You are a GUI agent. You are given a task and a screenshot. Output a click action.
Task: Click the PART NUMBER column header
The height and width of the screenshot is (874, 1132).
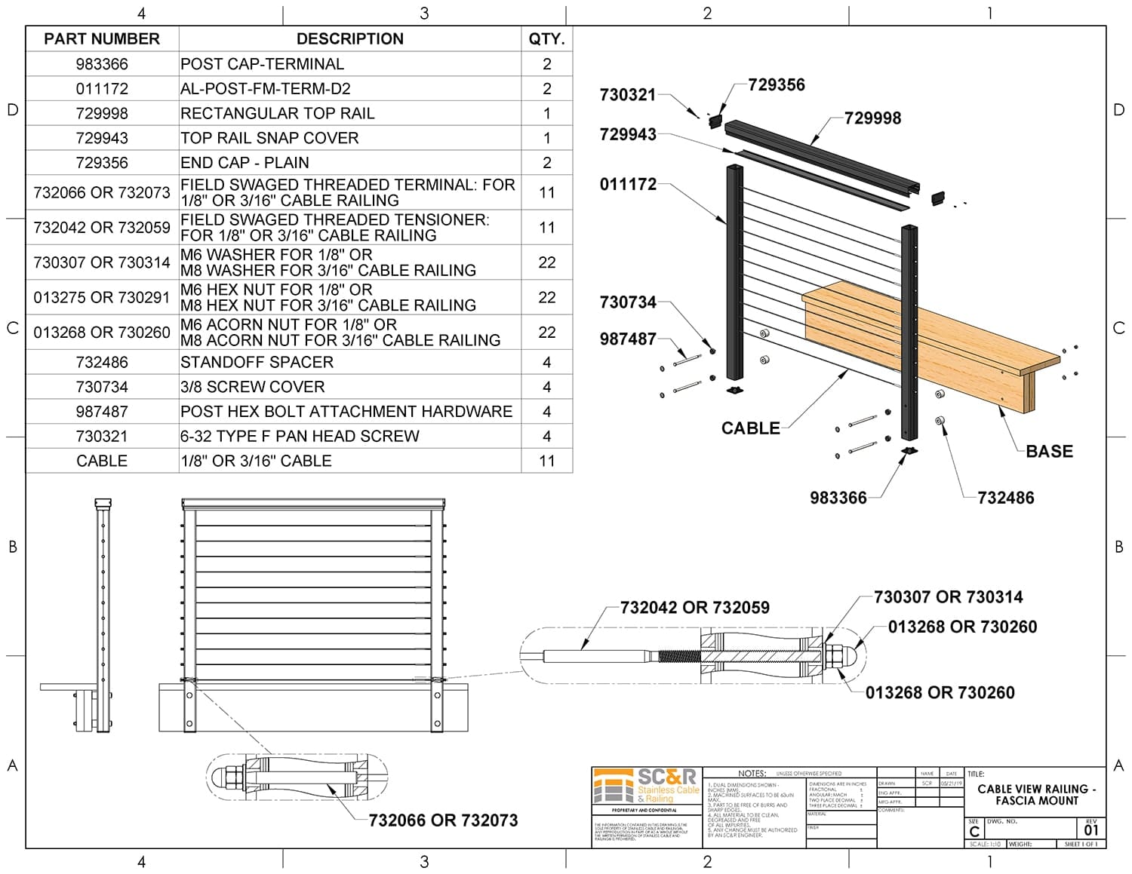(x=102, y=39)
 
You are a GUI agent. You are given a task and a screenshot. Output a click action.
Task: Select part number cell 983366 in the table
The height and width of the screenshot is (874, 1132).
(x=102, y=64)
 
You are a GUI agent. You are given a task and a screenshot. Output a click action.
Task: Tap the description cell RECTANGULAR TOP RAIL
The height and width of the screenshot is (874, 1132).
(x=277, y=113)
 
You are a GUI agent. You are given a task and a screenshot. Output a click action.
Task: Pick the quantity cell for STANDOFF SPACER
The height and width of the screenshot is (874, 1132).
(x=546, y=362)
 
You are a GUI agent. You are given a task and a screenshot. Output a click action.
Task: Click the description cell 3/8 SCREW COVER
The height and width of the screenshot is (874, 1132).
(x=252, y=387)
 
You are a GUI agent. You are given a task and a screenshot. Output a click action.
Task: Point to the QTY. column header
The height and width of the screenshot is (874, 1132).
(x=546, y=39)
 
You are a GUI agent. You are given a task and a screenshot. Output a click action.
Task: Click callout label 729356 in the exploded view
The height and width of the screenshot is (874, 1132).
(x=777, y=84)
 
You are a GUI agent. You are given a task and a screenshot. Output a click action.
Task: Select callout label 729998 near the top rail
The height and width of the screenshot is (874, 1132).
(x=872, y=118)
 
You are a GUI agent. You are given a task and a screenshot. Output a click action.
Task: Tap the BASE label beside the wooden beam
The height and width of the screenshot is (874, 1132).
(x=1049, y=451)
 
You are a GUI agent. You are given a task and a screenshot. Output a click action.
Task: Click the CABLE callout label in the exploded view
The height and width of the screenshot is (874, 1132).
(x=750, y=428)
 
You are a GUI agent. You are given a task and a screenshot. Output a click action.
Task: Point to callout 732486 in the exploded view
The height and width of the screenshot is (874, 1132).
(x=1005, y=498)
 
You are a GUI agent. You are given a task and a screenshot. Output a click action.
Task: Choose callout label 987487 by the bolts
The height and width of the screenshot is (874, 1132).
(x=628, y=339)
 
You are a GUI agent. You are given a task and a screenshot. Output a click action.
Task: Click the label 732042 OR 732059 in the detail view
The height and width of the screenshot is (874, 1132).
(x=694, y=608)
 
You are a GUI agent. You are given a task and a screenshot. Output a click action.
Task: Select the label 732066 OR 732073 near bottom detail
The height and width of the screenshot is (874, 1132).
(x=443, y=820)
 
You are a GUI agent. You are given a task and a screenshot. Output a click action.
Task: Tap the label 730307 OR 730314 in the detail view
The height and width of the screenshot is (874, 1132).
(x=948, y=597)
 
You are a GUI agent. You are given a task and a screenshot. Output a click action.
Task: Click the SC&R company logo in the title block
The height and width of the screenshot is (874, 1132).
(x=647, y=787)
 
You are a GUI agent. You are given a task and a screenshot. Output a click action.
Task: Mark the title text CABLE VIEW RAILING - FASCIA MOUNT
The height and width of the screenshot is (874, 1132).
(x=1036, y=795)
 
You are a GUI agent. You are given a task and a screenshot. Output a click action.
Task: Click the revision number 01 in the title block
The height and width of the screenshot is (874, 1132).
(x=1091, y=830)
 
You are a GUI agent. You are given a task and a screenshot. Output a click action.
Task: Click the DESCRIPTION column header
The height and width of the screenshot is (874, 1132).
(x=349, y=39)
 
